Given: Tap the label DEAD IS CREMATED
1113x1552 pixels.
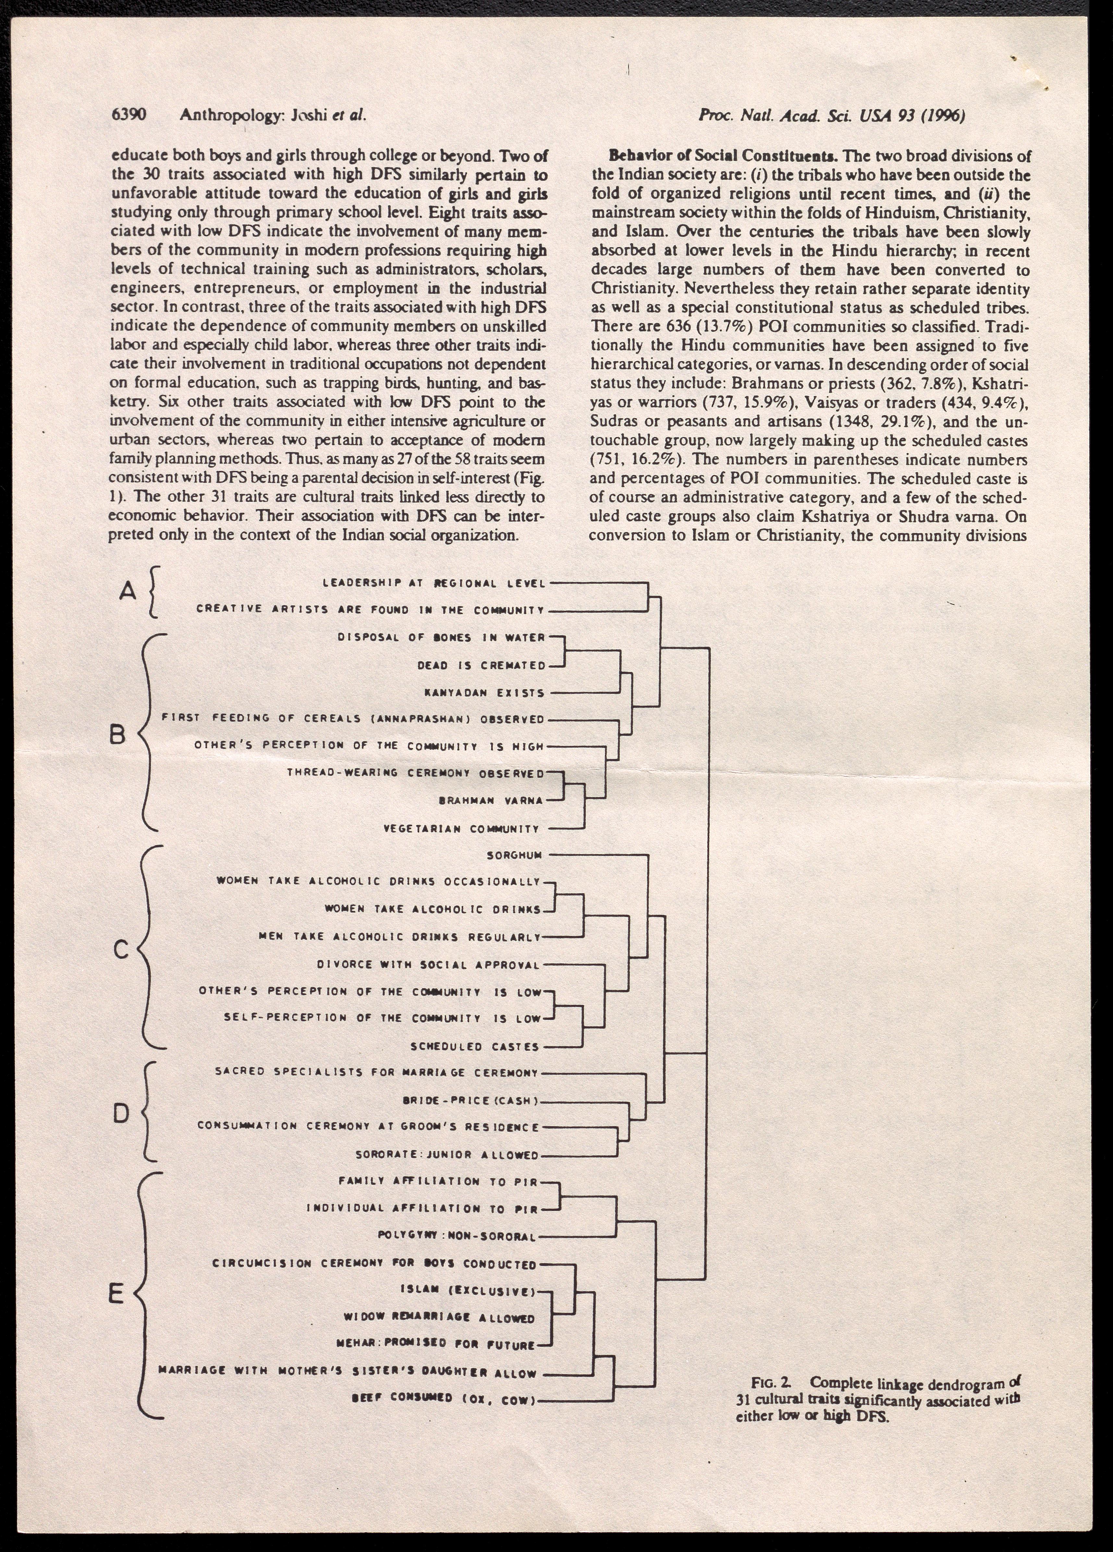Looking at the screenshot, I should coord(481,665).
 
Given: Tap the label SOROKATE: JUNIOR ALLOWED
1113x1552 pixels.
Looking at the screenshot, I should coord(447,1155).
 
